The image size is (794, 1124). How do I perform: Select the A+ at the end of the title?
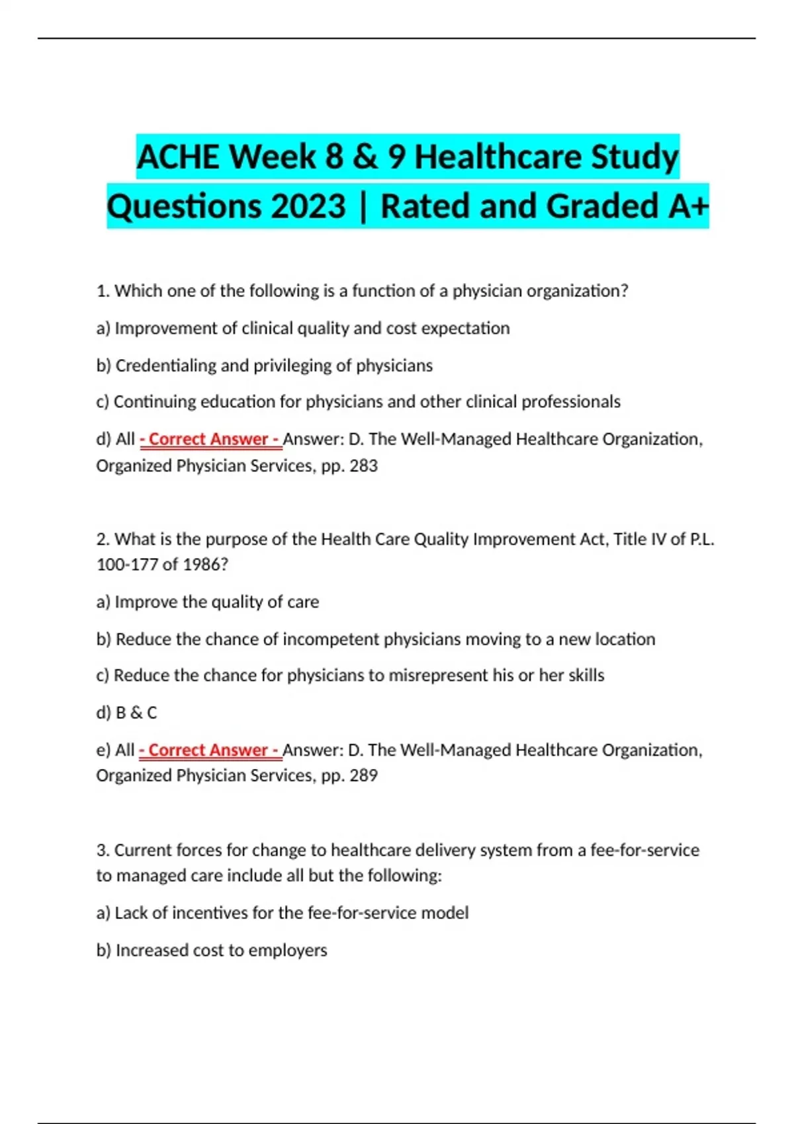(x=688, y=206)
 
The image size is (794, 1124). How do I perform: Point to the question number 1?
(x=103, y=291)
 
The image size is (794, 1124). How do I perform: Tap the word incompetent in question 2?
(x=331, y=639)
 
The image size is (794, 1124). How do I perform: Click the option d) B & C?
(x=126, y=713)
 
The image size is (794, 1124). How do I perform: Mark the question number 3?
(x=103, y=850)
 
